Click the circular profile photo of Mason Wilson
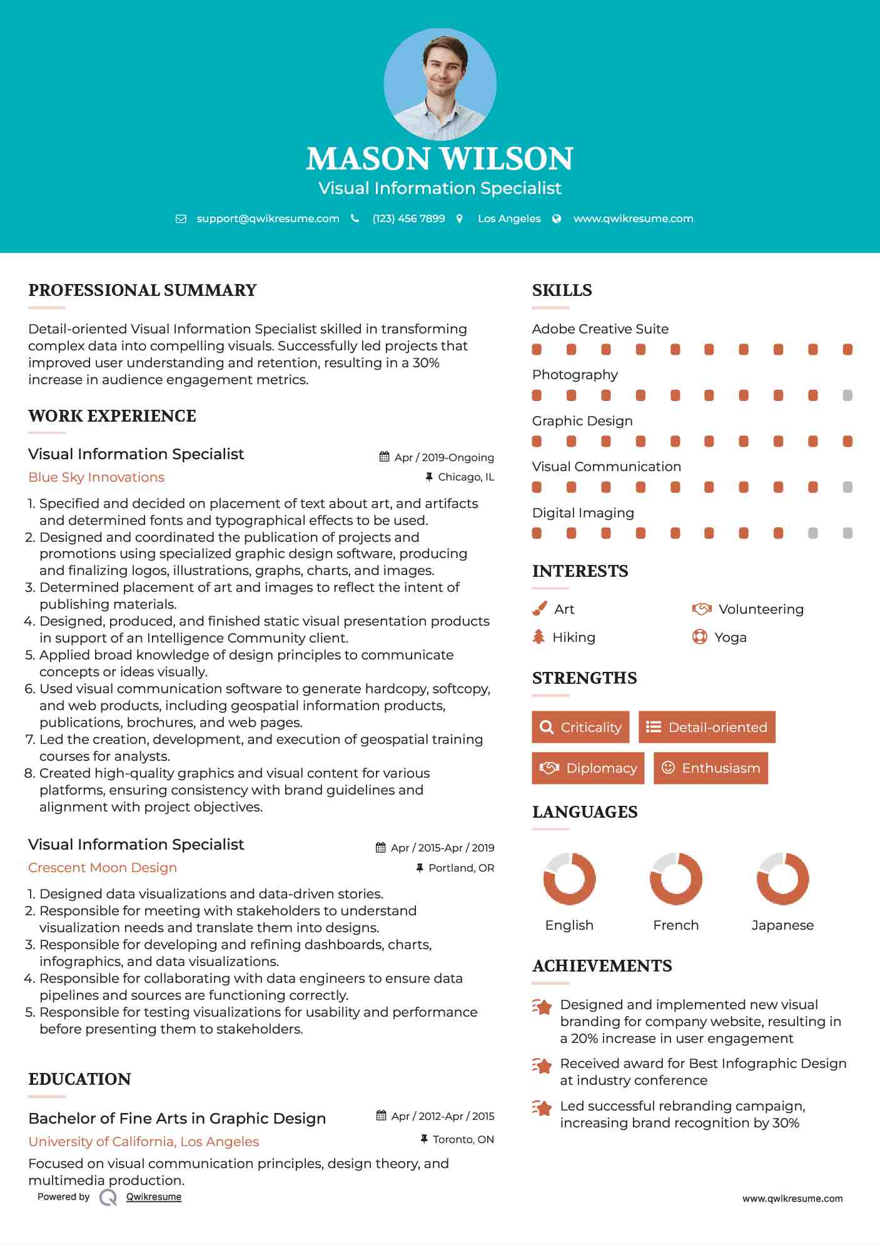click(440, 84)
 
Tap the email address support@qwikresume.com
click(268, 218)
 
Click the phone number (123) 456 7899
click(408, 218)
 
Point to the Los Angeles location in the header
click(508, 218)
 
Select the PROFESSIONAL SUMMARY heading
click(143, 290)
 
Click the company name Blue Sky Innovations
click(96, 477)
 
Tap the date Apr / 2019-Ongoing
click(443, 457)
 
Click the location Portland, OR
click(461, 868)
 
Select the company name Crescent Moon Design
click(103, 868)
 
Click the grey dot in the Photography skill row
click(847, 395)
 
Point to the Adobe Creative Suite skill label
click(600, 329)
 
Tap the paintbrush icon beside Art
click(539, 609)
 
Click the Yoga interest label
click(731, 638)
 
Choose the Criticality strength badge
click(580, 727)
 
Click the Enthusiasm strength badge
click(711, 768)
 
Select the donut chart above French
click(675, 878)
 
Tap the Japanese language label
click(782, 925)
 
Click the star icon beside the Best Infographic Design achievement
click(542, 1065)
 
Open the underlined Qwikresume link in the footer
click(154, 1197)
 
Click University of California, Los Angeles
click(144, 1142)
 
